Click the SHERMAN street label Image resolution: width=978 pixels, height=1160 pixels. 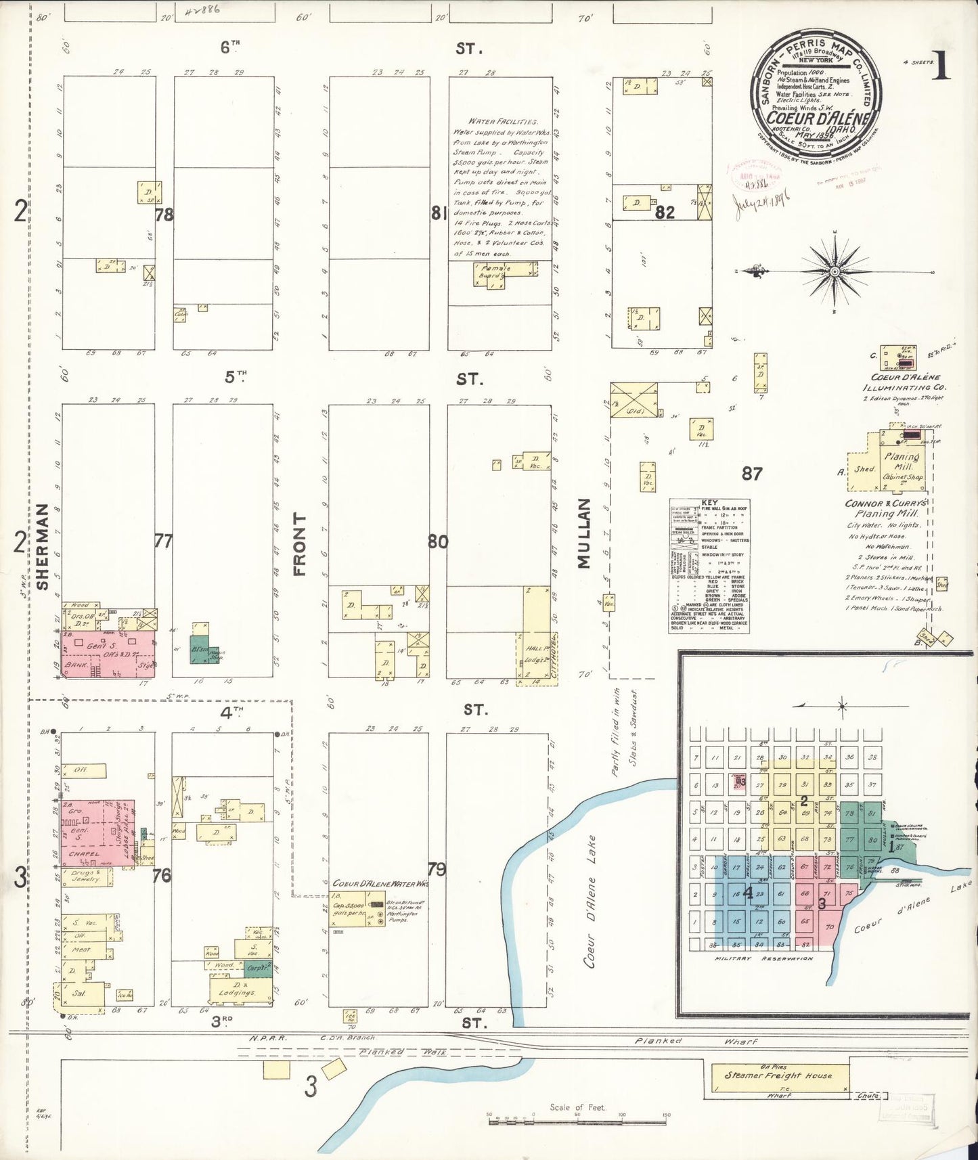click(43, 546)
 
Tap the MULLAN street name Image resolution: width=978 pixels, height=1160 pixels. click(584, 533)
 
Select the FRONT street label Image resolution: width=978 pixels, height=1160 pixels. click(300, 543)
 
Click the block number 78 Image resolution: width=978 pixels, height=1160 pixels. click(164, 215)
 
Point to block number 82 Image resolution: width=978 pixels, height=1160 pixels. click(665, 213)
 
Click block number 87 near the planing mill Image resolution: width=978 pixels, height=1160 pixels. click(752, 474)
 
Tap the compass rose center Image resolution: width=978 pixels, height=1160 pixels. click(835, 272)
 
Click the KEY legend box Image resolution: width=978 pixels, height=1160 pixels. click(709, 566)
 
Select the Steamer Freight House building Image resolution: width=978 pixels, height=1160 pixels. click(778, 1075)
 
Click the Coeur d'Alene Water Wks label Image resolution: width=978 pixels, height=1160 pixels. click(380, 884)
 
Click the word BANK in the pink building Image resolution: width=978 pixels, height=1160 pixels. click(76, 666)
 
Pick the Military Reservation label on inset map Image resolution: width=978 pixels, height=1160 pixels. click(763, 958)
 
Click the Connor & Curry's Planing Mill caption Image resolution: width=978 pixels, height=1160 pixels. click(887, 509)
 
